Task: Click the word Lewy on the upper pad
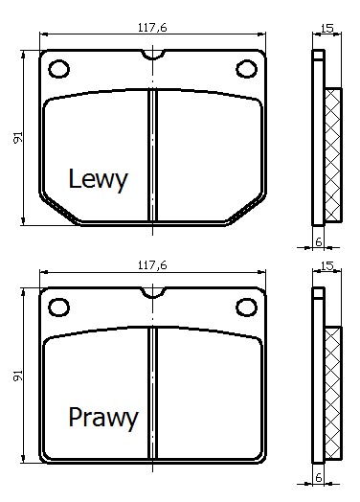(98, 180)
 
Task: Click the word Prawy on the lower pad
(103, 418)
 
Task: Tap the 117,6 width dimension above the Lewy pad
(152, 28)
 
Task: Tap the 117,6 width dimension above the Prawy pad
(152, 265)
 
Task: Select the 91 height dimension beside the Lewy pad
(18, 137)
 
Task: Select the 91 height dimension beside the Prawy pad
(18, 376)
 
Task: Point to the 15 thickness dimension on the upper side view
(327, 29)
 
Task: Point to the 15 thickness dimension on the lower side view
(327, 266)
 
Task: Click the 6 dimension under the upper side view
(319, 242)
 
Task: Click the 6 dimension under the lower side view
(319, 478)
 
